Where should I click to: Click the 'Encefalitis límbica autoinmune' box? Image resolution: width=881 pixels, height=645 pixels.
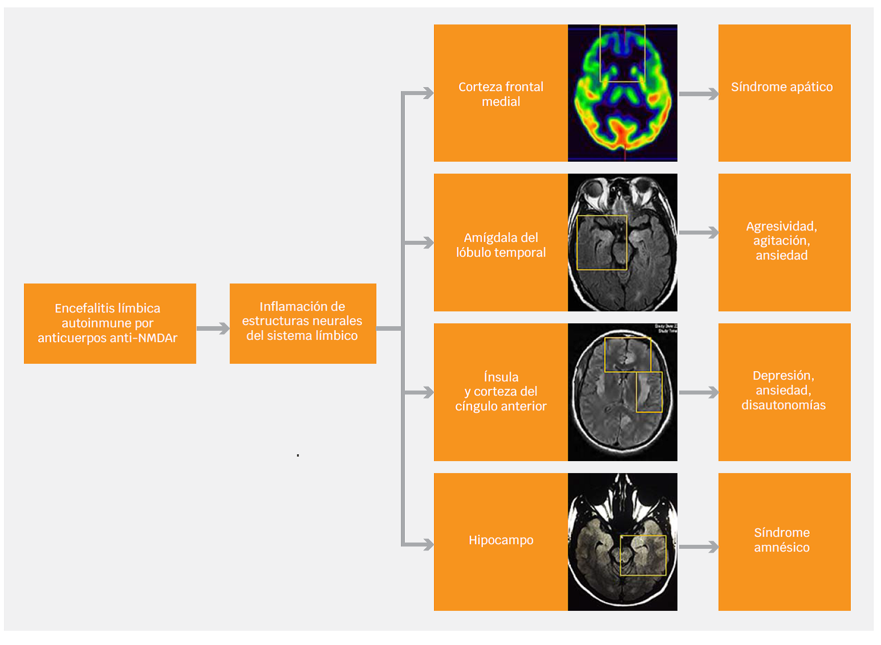point(110,323)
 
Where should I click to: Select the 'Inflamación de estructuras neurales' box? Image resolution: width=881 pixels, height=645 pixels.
point(303,323)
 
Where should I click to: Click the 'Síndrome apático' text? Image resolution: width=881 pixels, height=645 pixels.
point(782,87)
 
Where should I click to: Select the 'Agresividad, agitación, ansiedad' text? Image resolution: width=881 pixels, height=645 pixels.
point(782,241)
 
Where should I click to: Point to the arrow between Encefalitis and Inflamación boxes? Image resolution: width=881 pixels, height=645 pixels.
point(213,328)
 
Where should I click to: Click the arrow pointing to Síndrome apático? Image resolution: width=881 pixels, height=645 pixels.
point(699,94)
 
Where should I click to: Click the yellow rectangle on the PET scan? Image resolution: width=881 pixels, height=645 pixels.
point(622,54)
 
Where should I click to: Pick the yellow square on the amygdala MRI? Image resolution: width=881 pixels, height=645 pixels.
point(602,243)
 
